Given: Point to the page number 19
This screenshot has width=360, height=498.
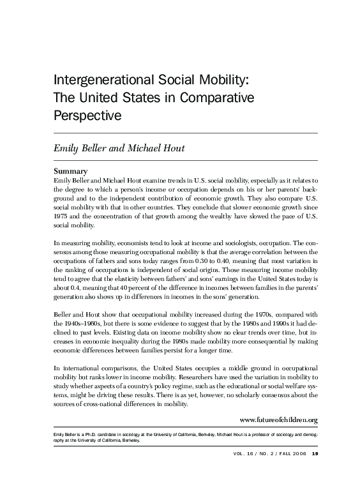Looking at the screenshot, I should point(314,472).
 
